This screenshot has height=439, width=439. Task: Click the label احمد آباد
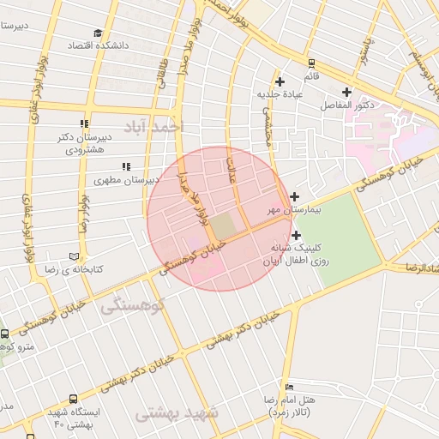pyautogui.click(x=154, y=127)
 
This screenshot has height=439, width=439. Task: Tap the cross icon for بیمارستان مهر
pyautogui.click(x=294, y=196)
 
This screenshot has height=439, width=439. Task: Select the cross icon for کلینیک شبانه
pyautogui.click(x=296, y=235)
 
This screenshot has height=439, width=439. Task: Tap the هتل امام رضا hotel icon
pyautogui.click(x=288, y=387)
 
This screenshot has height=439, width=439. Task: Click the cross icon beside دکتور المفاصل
pyautogui.click(x=346, y=92)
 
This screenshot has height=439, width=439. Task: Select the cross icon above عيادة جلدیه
pyautogui.click(x=280, y=81)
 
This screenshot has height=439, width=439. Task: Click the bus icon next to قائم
pyautogui.click(x=310, y=63)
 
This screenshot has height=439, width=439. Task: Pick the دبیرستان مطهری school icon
pyautogui.click(x=126, y=166)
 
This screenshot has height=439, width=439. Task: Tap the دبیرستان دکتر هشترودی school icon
pyautogui.click(x=83, y=123)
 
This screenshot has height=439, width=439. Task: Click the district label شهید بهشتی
pyautogui.click(x=177, y=413)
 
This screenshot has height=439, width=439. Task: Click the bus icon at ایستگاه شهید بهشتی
pyautogui.click(x=73, y=399)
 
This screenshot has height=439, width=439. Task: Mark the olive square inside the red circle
pyautogui.click(x=223, y=226)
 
